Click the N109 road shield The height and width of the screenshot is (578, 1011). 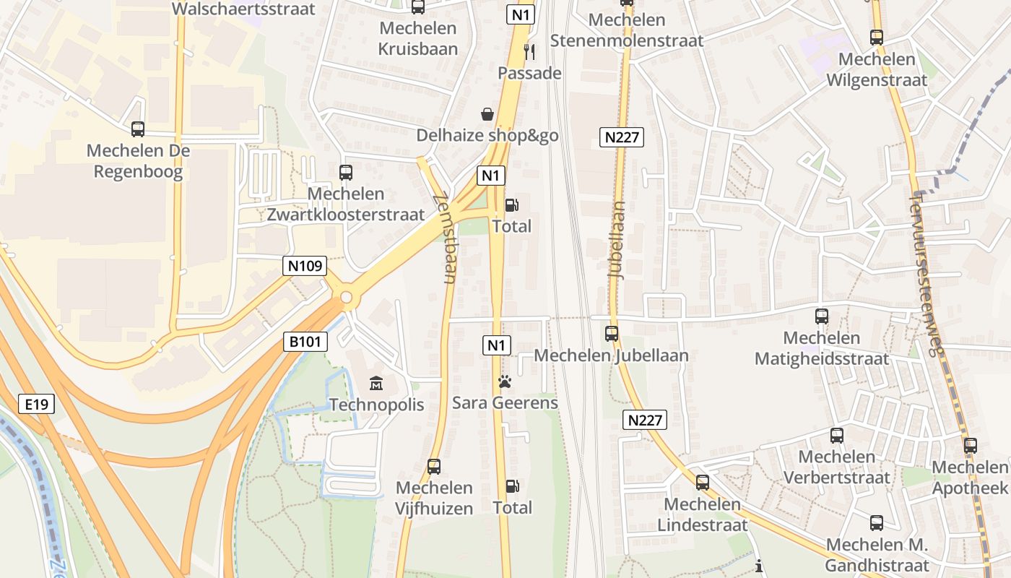coord(305,266)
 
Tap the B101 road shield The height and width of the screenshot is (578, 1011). coord(305,342)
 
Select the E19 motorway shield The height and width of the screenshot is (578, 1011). coord(36,404)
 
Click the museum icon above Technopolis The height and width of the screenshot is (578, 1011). coord(376,383)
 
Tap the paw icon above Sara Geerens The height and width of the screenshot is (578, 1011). coord(505,381)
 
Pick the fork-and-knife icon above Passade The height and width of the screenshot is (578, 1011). coord(529,51)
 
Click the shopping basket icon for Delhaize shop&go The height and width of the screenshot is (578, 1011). coord(487,114)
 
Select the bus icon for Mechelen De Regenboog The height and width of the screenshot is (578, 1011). coord(138,129)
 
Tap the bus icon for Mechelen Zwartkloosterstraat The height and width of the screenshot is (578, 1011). coord(346,173)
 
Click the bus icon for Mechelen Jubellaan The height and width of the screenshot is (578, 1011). coord(612,334)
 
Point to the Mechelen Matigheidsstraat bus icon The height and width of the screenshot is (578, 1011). coord(822,316)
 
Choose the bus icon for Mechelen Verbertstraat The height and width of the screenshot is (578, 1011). coord(836,436)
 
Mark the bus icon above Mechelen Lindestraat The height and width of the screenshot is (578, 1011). coord(702,483)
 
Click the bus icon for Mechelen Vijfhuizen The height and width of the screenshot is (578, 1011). coord(434,467)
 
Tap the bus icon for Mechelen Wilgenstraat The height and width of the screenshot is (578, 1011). coord(877,38)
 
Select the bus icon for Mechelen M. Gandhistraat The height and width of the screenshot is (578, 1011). coord(877,523)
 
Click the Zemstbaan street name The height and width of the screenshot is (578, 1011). coord(445,238)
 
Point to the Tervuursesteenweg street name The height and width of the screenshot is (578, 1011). coord(928,274)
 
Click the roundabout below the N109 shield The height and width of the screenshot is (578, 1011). coord(347,297)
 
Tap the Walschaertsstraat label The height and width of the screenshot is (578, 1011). coord(244,9)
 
